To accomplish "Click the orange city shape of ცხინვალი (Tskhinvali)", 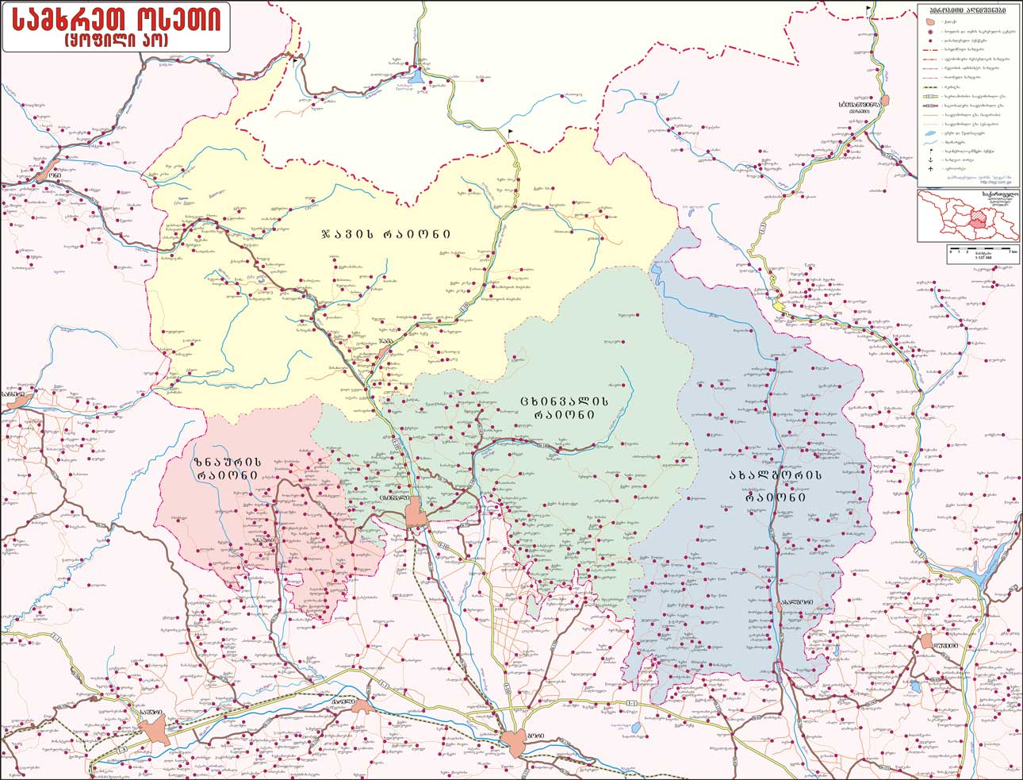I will [416, 514].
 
